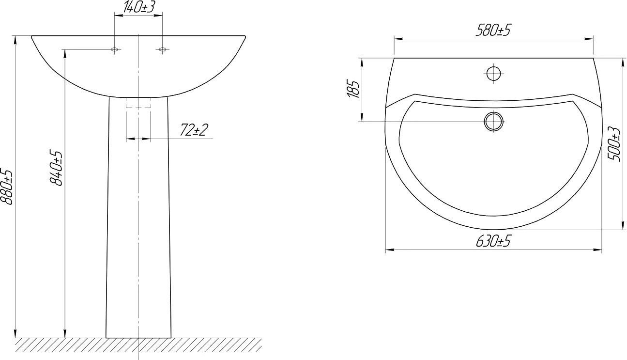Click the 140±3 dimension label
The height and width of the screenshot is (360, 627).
click(138, 7)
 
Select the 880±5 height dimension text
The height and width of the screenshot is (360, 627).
click(6, 187)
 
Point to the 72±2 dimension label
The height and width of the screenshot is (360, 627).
click(194, 129)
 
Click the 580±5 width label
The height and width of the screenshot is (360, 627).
click(493, 30)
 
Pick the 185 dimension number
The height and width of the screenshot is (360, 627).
click(353, 89)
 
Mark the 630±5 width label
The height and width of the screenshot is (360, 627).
click(493, 241)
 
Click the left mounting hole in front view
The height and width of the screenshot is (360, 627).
click(114, 49)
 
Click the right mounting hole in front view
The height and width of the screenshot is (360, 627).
click(162, 49)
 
